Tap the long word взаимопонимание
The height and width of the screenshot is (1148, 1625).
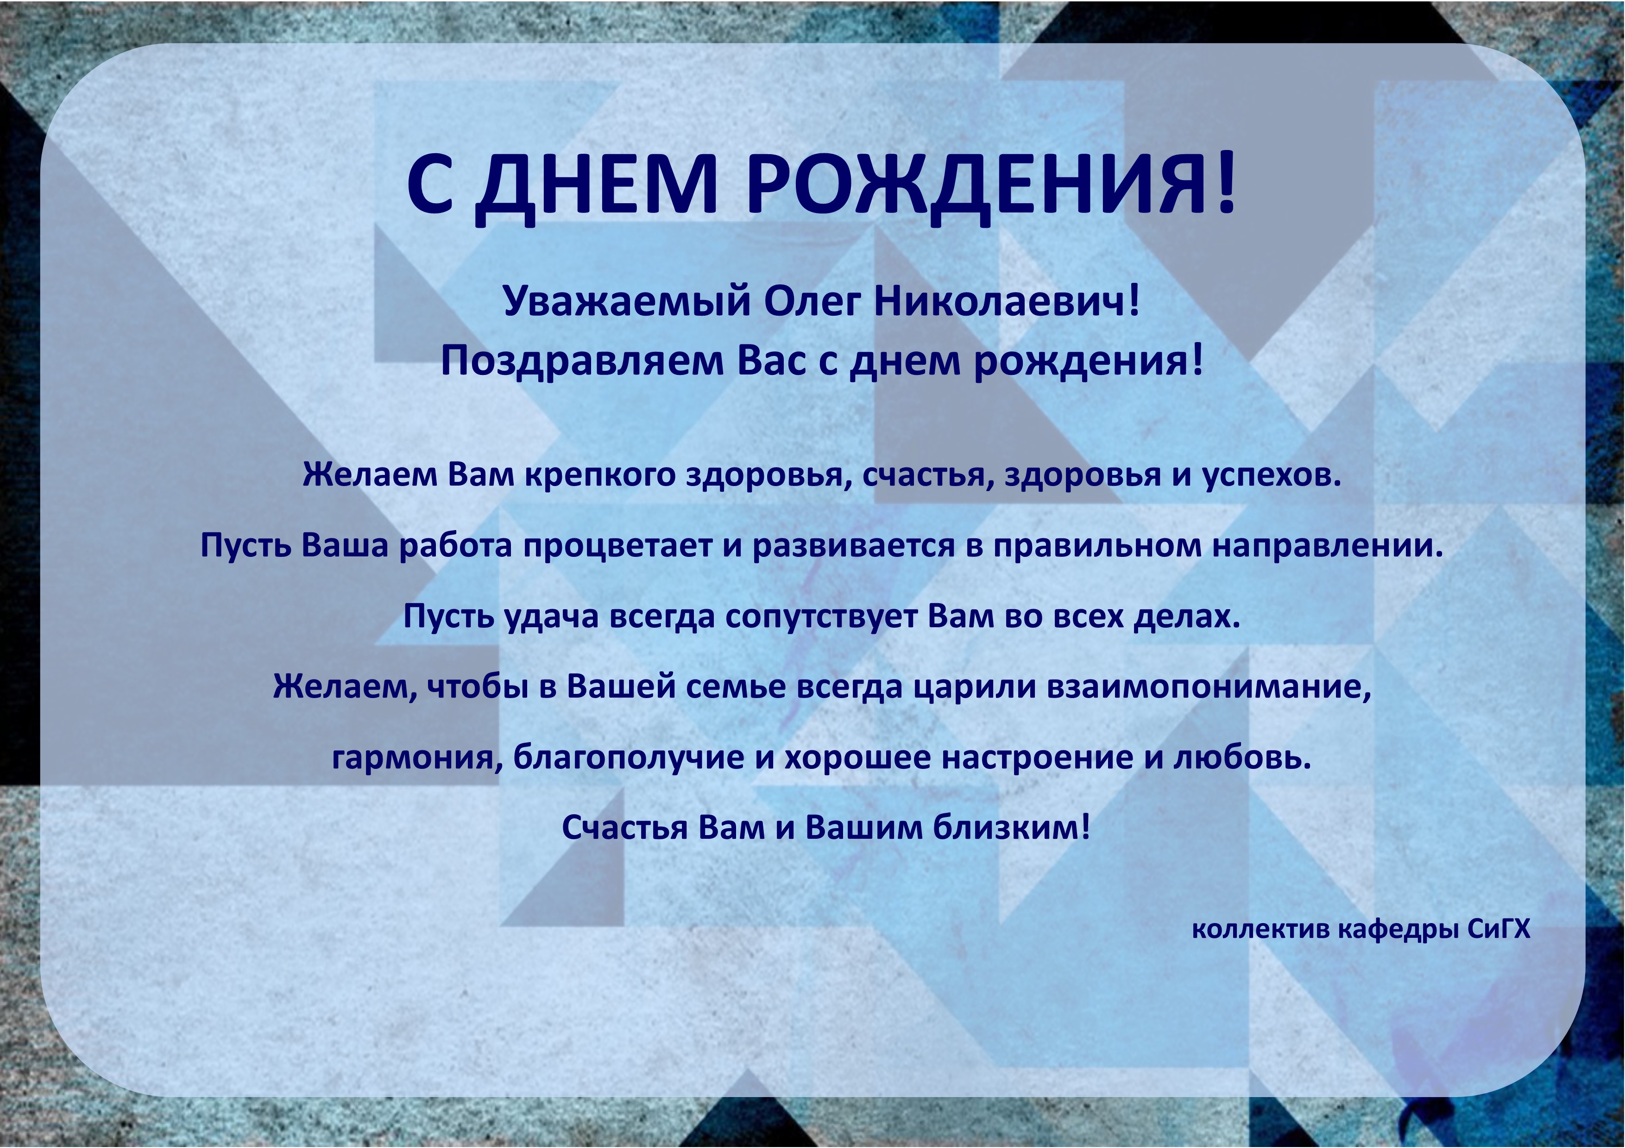tap(1208, 687)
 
